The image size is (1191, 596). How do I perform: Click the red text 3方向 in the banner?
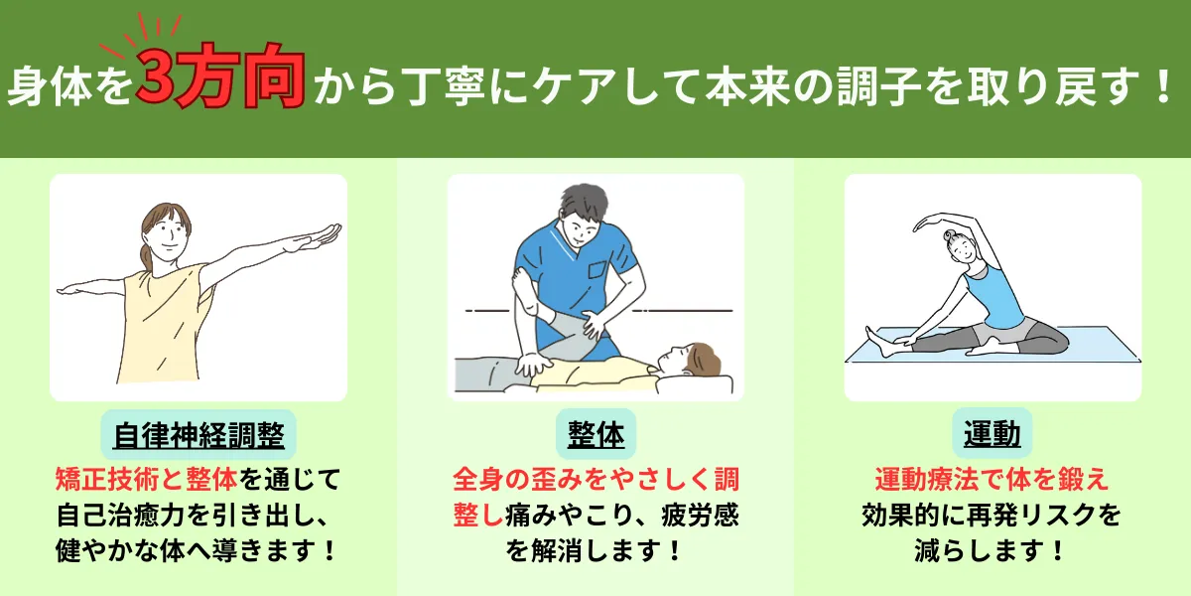tap(220, 76)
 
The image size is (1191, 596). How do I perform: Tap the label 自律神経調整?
tap(198, 435)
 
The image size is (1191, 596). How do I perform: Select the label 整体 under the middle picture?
tap(595, 435)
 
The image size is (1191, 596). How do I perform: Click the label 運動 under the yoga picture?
tap(992, 434)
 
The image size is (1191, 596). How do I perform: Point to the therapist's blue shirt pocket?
tap(597, 270)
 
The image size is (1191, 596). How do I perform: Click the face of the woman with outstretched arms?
tap(170, 235)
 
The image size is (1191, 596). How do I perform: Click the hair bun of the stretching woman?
tap(950, 235)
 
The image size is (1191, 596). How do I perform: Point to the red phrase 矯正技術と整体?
tap(146, 479)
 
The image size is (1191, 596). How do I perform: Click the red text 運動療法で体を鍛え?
tap(992, 479)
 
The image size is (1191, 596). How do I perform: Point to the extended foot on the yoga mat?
tap(878, 342)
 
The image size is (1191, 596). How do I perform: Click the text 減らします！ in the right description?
tap(991, 550)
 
